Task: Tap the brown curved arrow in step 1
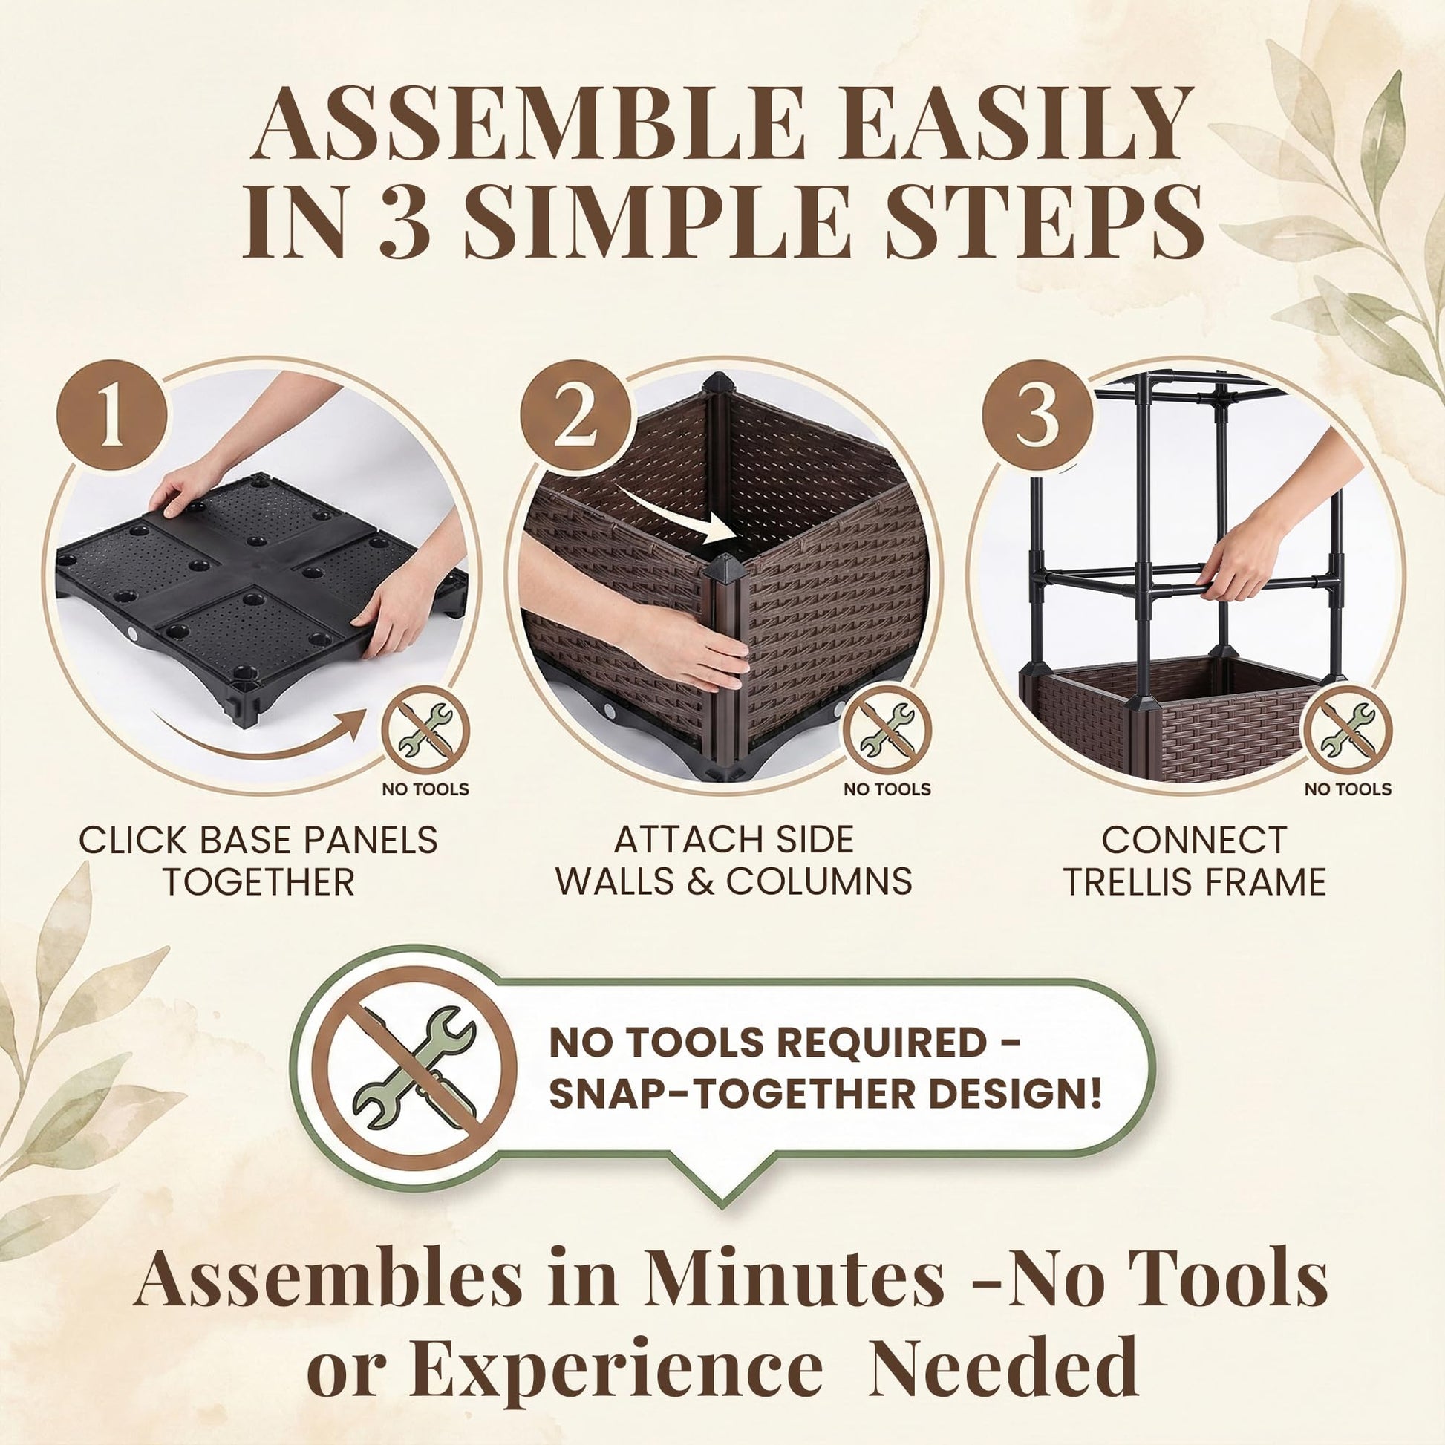[x=258, y=736]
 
